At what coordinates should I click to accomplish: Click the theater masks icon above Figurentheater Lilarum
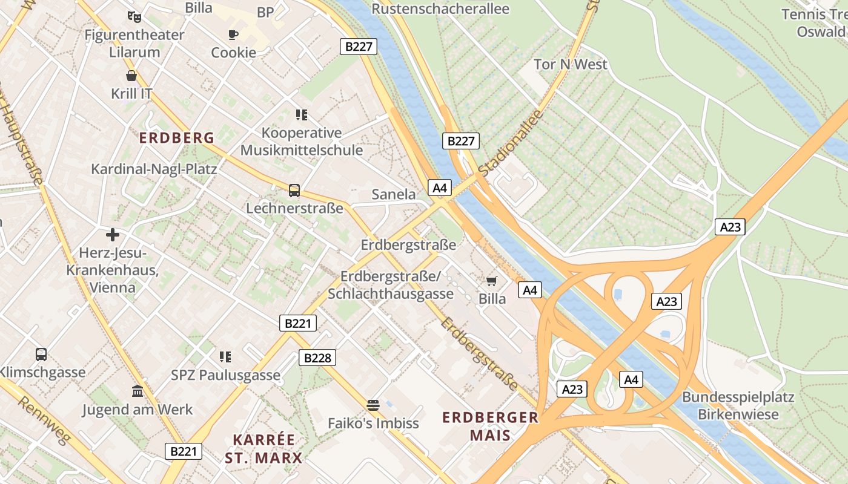134,17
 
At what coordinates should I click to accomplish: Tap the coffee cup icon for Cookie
233,34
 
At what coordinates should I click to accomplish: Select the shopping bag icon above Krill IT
131,76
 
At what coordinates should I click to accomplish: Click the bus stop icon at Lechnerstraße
294,191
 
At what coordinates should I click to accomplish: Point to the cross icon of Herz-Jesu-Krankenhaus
113,235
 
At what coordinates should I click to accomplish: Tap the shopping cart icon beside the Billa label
492,281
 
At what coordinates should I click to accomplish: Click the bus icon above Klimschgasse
41,354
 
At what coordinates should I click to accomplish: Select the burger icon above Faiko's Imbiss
373,405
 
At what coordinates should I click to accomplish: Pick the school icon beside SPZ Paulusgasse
225,357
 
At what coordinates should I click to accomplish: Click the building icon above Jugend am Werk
137,391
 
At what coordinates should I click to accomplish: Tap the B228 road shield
317,358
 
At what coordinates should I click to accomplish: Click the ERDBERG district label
177,138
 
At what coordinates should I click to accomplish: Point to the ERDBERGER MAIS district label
490,426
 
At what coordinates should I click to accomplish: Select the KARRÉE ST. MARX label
263,448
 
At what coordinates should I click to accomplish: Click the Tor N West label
570,64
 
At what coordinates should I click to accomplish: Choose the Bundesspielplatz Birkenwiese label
738,406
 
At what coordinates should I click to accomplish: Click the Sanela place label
394,194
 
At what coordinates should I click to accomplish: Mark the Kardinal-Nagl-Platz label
154,169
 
